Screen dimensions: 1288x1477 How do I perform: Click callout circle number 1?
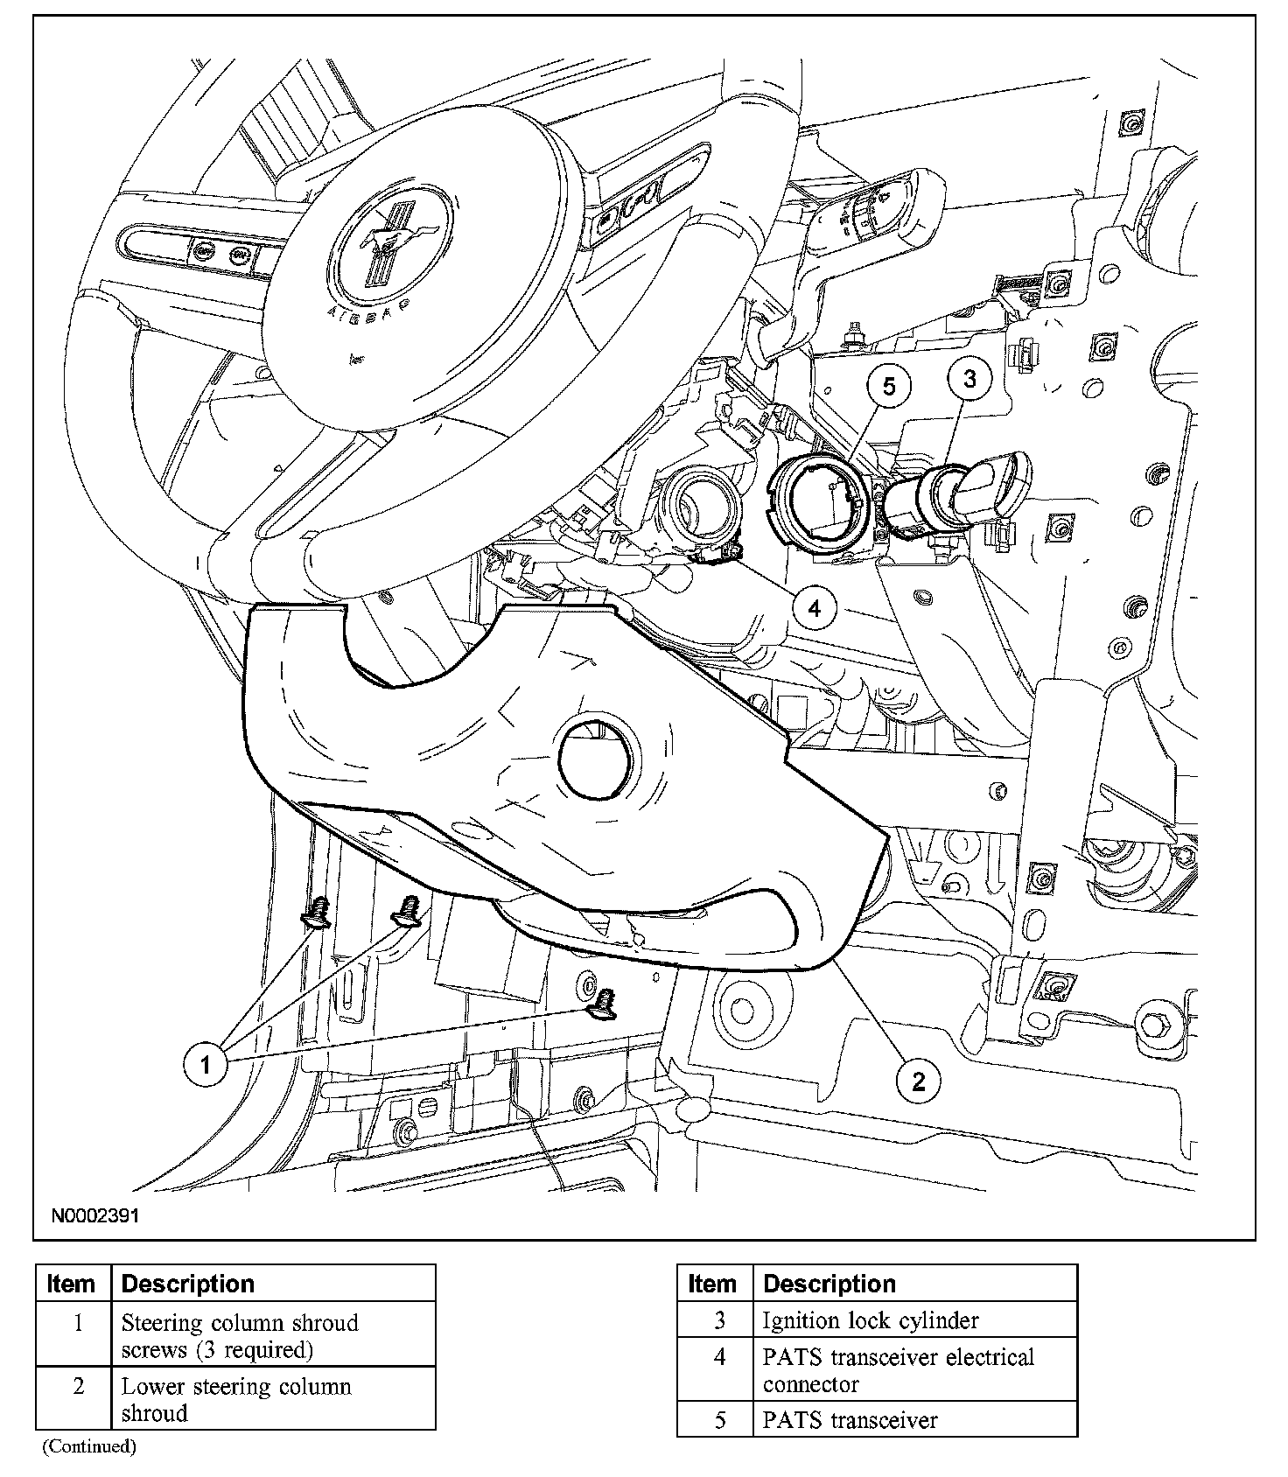click(x=206, y=1064)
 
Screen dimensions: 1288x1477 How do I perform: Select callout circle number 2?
click(x=918, y=1081)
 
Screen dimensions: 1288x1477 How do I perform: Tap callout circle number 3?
click(x=969, y=379)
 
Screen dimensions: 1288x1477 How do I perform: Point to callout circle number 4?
click(x=815, y=607)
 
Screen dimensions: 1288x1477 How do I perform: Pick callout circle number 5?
click(x=889, y=386)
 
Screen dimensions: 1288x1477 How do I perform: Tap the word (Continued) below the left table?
click(x=89, y=1446)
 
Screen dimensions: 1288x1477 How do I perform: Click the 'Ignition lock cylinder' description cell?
click(x=914, y=1319)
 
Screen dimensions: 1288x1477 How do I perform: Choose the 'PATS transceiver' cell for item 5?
click(x=914, y=1419)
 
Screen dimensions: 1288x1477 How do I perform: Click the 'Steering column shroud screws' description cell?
click(x=273, y=1334)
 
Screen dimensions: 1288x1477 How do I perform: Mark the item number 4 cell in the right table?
click(x=716, y=1370)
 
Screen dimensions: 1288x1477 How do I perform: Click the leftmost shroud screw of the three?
click(x=317, y=913)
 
